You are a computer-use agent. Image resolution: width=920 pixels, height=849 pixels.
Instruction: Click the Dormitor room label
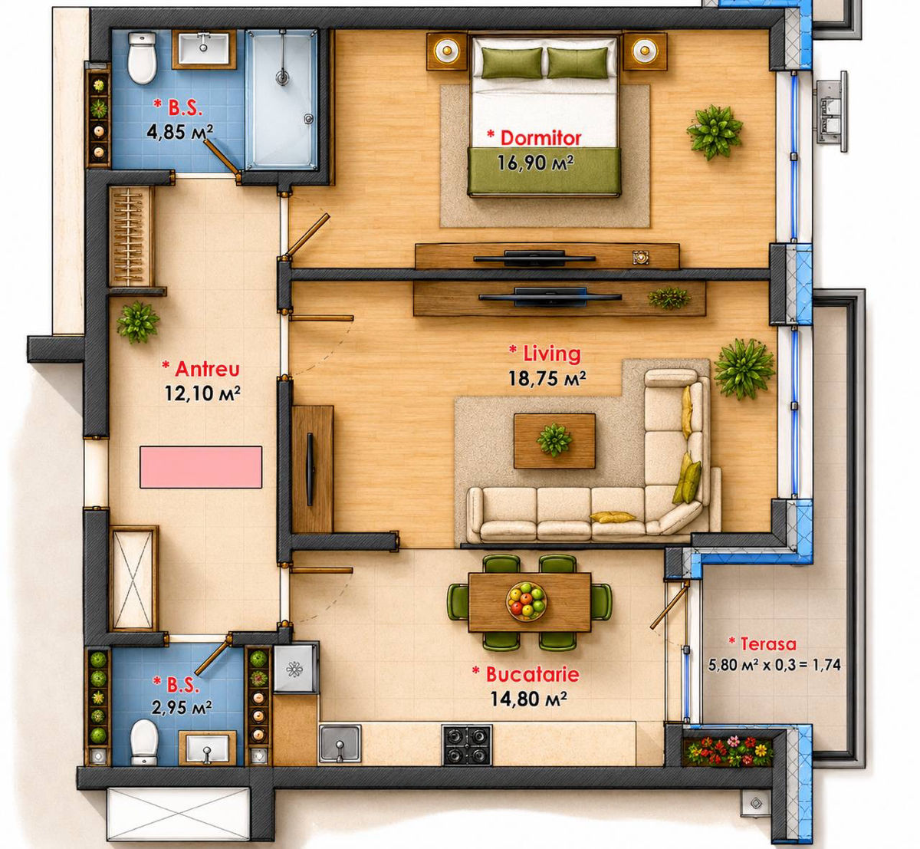click(x=540, y=138)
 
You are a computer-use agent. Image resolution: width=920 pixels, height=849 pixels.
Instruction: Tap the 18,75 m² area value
click(x=547, y=379)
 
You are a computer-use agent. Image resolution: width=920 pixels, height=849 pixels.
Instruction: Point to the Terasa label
click(x=768, y=643)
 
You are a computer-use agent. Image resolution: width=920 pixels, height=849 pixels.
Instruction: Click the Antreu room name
click(x=207, y=369)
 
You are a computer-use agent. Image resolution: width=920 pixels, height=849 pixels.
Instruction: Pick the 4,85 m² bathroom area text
click(x=179, y=132)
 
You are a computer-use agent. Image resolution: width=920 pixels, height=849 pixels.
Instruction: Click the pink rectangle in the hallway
click(x=201, y=467)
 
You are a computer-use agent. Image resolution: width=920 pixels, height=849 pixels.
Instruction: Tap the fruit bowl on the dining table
click(x=526, y=601)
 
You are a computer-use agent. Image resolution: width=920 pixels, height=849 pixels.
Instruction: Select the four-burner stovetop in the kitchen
click(x=466, y=745)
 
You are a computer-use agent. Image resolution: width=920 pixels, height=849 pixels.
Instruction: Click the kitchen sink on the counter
click(x=340, y=744)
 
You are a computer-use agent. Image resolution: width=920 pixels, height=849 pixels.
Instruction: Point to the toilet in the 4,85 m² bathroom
click(x=142, y=58)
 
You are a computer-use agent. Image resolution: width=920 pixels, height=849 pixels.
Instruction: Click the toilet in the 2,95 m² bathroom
click(x=144, y=742)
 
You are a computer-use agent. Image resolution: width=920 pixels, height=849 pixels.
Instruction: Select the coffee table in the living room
click(x=554, y=441)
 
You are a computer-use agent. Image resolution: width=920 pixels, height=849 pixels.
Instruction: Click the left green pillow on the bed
click(x=512, y=63)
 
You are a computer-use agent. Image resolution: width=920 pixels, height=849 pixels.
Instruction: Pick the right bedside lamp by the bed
click(x=644, y=51)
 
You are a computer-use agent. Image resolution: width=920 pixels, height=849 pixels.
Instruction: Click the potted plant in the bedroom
click(x=715, y=132)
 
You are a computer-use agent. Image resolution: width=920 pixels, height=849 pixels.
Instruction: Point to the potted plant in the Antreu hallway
click(x=138, y=322)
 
